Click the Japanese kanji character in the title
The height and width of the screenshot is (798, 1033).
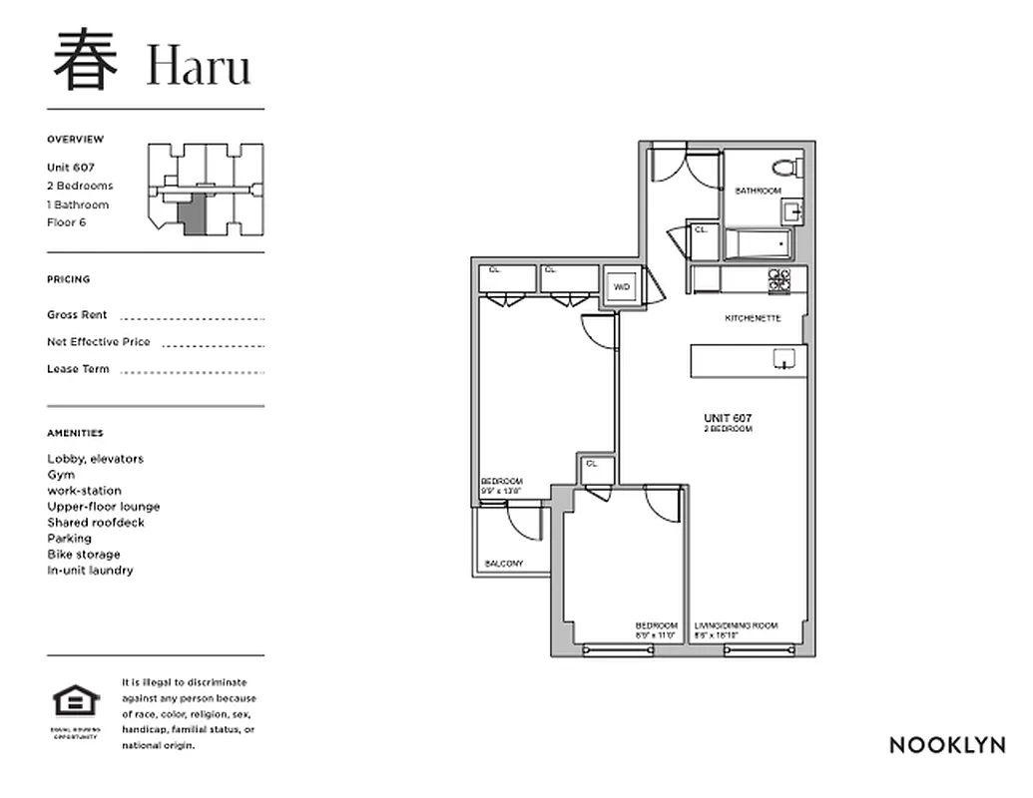pos(86,60)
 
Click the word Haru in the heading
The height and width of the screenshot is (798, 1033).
pos(198,66)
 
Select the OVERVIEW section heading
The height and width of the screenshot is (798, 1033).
pos(75,140)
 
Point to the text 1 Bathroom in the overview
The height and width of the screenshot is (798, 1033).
pos(78,204)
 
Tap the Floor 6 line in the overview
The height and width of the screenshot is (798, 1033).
pos(67,222)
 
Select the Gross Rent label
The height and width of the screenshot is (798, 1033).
pos(77,315)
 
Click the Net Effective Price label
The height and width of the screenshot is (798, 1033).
pos(99,342)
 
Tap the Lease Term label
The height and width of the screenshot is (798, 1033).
pos(78,369)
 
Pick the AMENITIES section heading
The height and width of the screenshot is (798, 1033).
pos(75,434)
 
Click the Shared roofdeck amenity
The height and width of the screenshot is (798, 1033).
pos(96,523)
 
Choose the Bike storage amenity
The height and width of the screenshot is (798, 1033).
pos(84,555)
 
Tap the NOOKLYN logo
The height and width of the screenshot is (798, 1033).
pos(946,745)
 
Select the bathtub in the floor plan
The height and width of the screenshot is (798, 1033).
pos(760,244)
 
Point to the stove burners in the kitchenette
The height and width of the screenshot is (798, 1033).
pos(779,281)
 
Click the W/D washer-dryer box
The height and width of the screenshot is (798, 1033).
pos(623,287)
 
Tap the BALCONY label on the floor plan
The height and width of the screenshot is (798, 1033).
pos(504,564)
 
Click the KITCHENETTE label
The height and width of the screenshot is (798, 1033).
pos(753,319)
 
